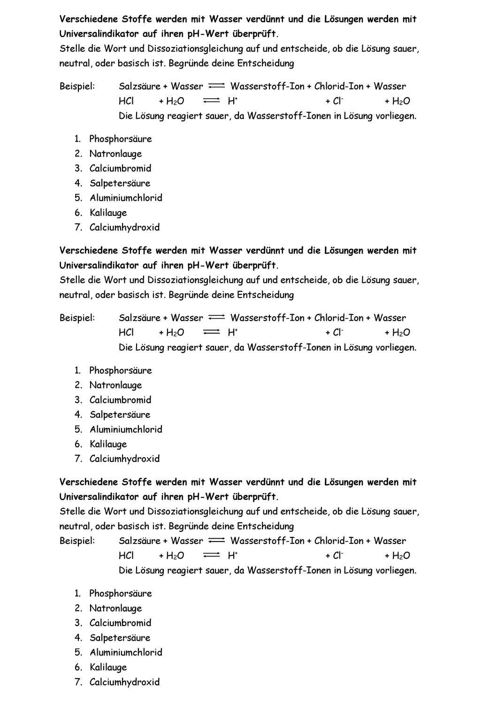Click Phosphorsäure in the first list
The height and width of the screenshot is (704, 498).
click(121, 139)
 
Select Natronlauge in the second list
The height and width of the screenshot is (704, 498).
click(115, 385)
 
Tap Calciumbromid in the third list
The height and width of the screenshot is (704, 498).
click(120, 623)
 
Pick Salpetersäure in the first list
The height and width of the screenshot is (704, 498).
click(120, 183)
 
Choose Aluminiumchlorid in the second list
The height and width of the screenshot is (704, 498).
click(126, 429)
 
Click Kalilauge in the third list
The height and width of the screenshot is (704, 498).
click(108, 667)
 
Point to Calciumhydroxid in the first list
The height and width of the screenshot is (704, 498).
click(124, 227)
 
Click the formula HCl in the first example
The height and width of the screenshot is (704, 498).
click(126, 101)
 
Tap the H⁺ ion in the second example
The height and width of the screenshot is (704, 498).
click(232, 332)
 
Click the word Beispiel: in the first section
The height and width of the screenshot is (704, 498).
click(77, 86)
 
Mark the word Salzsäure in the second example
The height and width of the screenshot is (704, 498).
click(139, 318)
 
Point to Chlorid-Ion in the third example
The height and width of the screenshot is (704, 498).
click(338, 541)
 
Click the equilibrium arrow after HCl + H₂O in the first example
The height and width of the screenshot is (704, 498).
click(212, 101)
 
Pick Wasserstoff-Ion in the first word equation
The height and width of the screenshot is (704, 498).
click(267, 86)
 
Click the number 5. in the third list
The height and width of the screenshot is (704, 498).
click(78, 652)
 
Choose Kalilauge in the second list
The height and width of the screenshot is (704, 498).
click(108, 444)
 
